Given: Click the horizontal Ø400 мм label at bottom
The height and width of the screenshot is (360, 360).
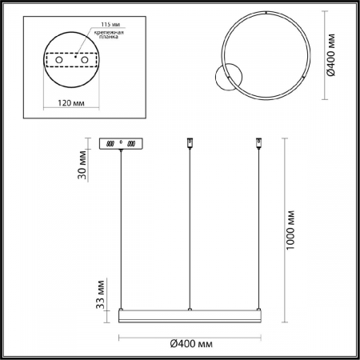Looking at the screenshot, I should pos(190,343).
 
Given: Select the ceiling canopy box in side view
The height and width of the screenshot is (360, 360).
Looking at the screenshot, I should pos(121,143).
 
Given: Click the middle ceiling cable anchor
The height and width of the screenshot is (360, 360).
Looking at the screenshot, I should pos(189,143).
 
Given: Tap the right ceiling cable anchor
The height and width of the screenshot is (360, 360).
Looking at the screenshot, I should pos(258,143).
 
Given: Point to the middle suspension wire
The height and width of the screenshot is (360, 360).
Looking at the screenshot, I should pos(189,232).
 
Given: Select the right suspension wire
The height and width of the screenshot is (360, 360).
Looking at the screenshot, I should pos(258,232).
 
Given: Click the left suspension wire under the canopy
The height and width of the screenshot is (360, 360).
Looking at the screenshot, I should pos(121,232).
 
